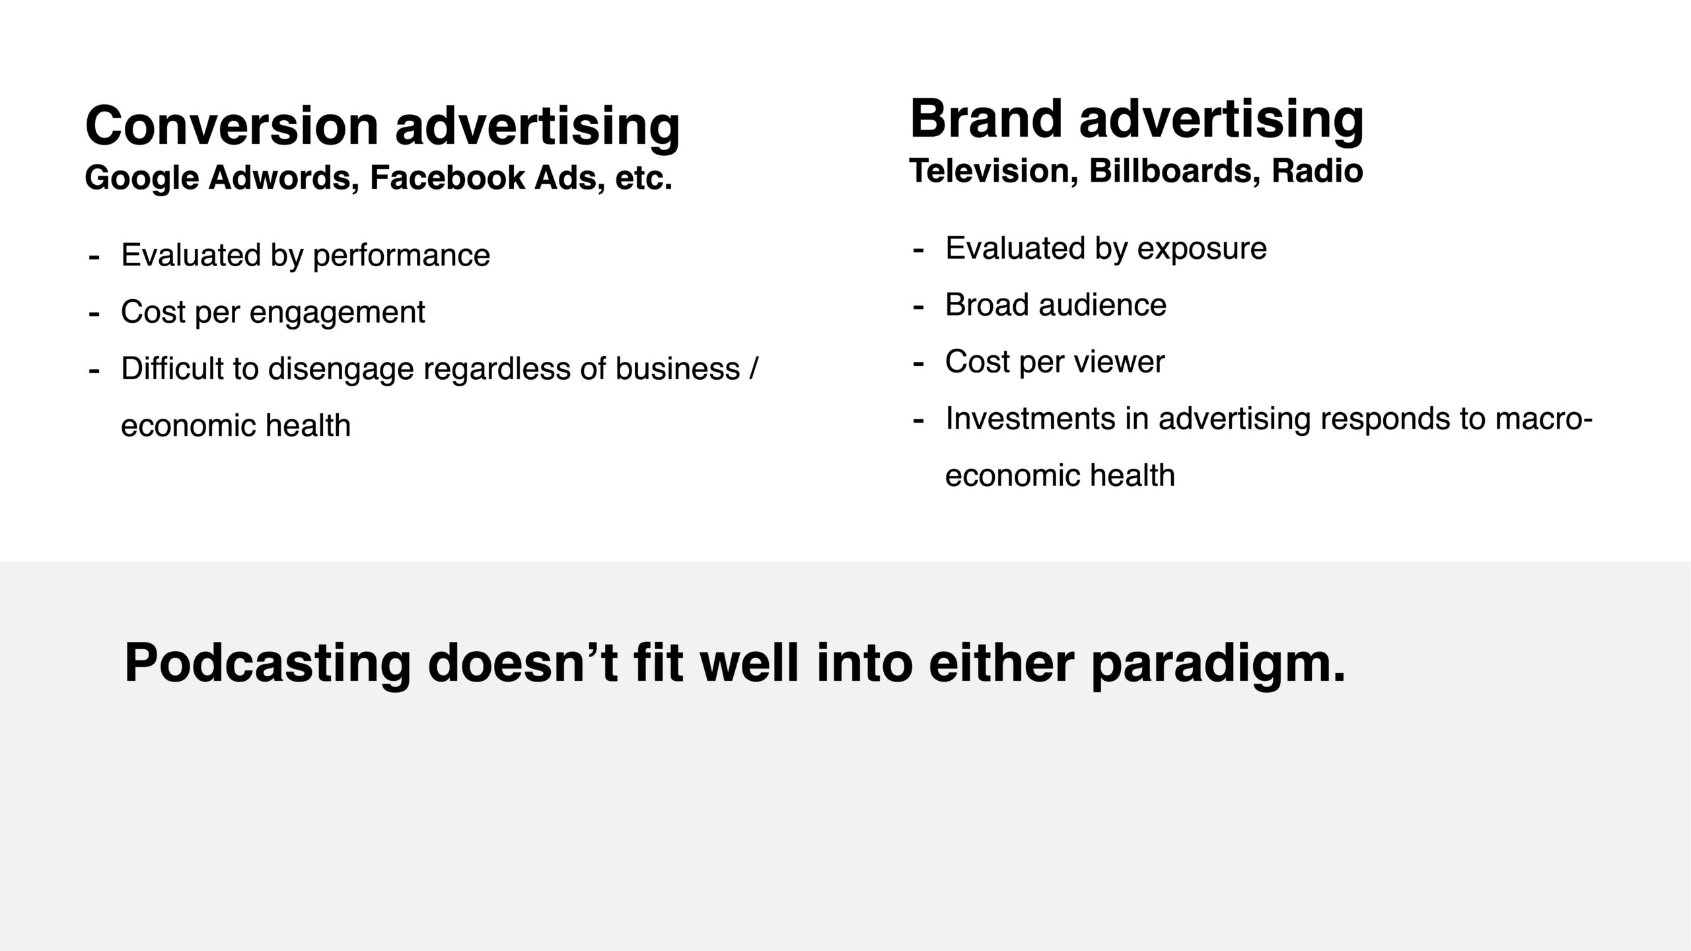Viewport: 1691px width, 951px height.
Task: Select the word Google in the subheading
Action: (142, 178)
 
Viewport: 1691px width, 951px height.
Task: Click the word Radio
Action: (1317, 171)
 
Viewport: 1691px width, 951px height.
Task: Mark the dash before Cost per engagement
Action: (94, 314)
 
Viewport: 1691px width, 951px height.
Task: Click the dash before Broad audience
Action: (918, 307)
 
